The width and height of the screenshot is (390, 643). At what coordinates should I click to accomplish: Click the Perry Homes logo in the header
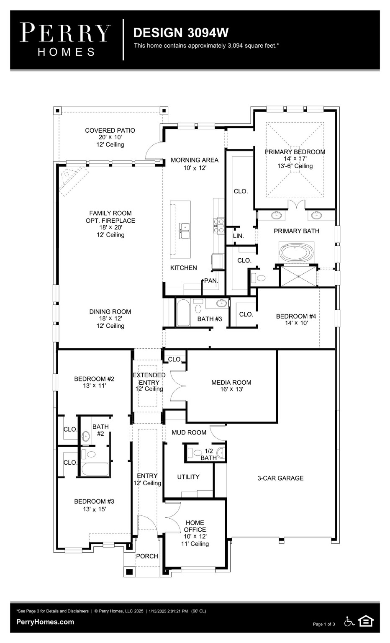[x=66, y=39]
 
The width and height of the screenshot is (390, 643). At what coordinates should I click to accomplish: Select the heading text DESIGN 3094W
[x=181, y=33]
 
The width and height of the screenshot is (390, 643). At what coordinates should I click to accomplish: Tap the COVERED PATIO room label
[x=110, y=131]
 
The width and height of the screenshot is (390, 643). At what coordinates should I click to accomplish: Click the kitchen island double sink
[x=184, y=229]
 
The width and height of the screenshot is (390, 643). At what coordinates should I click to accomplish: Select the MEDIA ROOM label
[x=231, y=382]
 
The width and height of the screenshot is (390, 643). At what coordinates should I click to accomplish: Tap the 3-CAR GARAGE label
[x=280, y=478]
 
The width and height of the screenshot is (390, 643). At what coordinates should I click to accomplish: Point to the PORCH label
[x=147, y=556]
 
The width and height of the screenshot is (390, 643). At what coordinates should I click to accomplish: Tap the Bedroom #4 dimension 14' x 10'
[x=296, y=323]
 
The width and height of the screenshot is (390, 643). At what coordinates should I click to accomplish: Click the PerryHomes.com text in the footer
[x=45, y=622]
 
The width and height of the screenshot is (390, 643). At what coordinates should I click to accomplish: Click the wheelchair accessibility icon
[x=349, y=621]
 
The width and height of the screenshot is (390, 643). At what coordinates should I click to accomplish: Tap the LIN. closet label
[x=238, y=236]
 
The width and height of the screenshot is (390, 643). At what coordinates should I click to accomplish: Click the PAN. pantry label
[x=211, y=281]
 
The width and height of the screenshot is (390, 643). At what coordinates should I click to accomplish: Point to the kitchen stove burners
[x=219, y=225]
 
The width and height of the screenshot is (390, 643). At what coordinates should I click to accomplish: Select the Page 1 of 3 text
[x=324, y=624]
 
